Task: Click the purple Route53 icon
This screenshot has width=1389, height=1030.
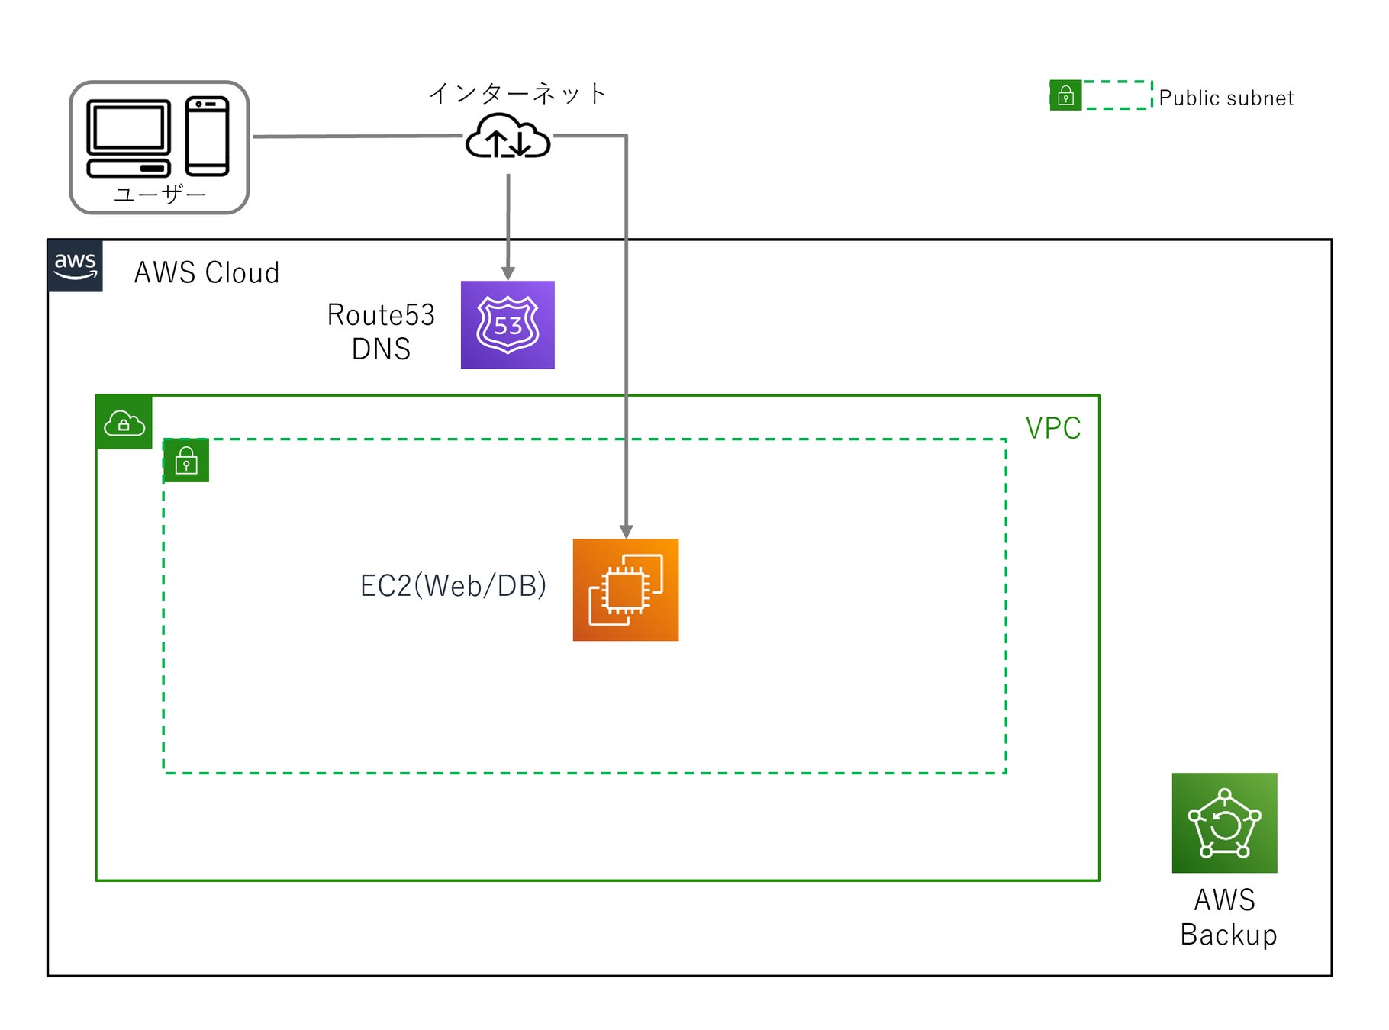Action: pyautogui.click(x=508, y=325)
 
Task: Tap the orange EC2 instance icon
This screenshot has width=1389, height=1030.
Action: pyautogui.click(x=626, y=590)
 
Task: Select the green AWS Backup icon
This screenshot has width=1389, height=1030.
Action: pyautogui.click(x=1224, y=822)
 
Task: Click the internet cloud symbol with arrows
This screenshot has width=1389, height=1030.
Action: pyautogui.click(x=508, y=137)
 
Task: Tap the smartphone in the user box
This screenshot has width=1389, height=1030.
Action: pyautogui.click(x=207, y=136)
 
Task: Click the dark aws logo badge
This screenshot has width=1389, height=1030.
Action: pyautogui.click(x=75, y=266)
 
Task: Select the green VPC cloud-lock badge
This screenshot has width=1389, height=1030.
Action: pyautogui.click(x=124, y=422)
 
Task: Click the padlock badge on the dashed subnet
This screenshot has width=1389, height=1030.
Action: pyautogui.click(x=186, y=460)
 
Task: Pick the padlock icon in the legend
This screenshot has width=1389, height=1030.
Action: pyautogui.click(x=1065, y=95)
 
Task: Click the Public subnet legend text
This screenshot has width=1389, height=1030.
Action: pyautogui.click(x=1226, y=98)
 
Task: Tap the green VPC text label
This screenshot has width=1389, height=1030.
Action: pyautogui.click(x=1053, y=428)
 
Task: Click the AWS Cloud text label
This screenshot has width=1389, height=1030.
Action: pyautogui.click(x=207, y=272)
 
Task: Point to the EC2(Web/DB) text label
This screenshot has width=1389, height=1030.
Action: pyautogui.click(x=453, y=586)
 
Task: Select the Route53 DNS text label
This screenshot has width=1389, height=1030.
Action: pyautogui.click(x=381, y=332)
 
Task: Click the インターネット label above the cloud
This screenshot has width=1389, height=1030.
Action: pyautogui.click(x=517, y=93)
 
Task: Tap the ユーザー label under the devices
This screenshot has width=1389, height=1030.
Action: pyautogui.click(x=160, y=195)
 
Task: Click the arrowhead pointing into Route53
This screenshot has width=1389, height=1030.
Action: pyautogui.click(x=508, y=273)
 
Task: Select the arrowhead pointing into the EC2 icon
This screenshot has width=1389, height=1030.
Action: pyautogui.click(x=626, y=532)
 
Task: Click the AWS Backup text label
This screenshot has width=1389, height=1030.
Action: pyautogui.click(x=1227, y=917)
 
